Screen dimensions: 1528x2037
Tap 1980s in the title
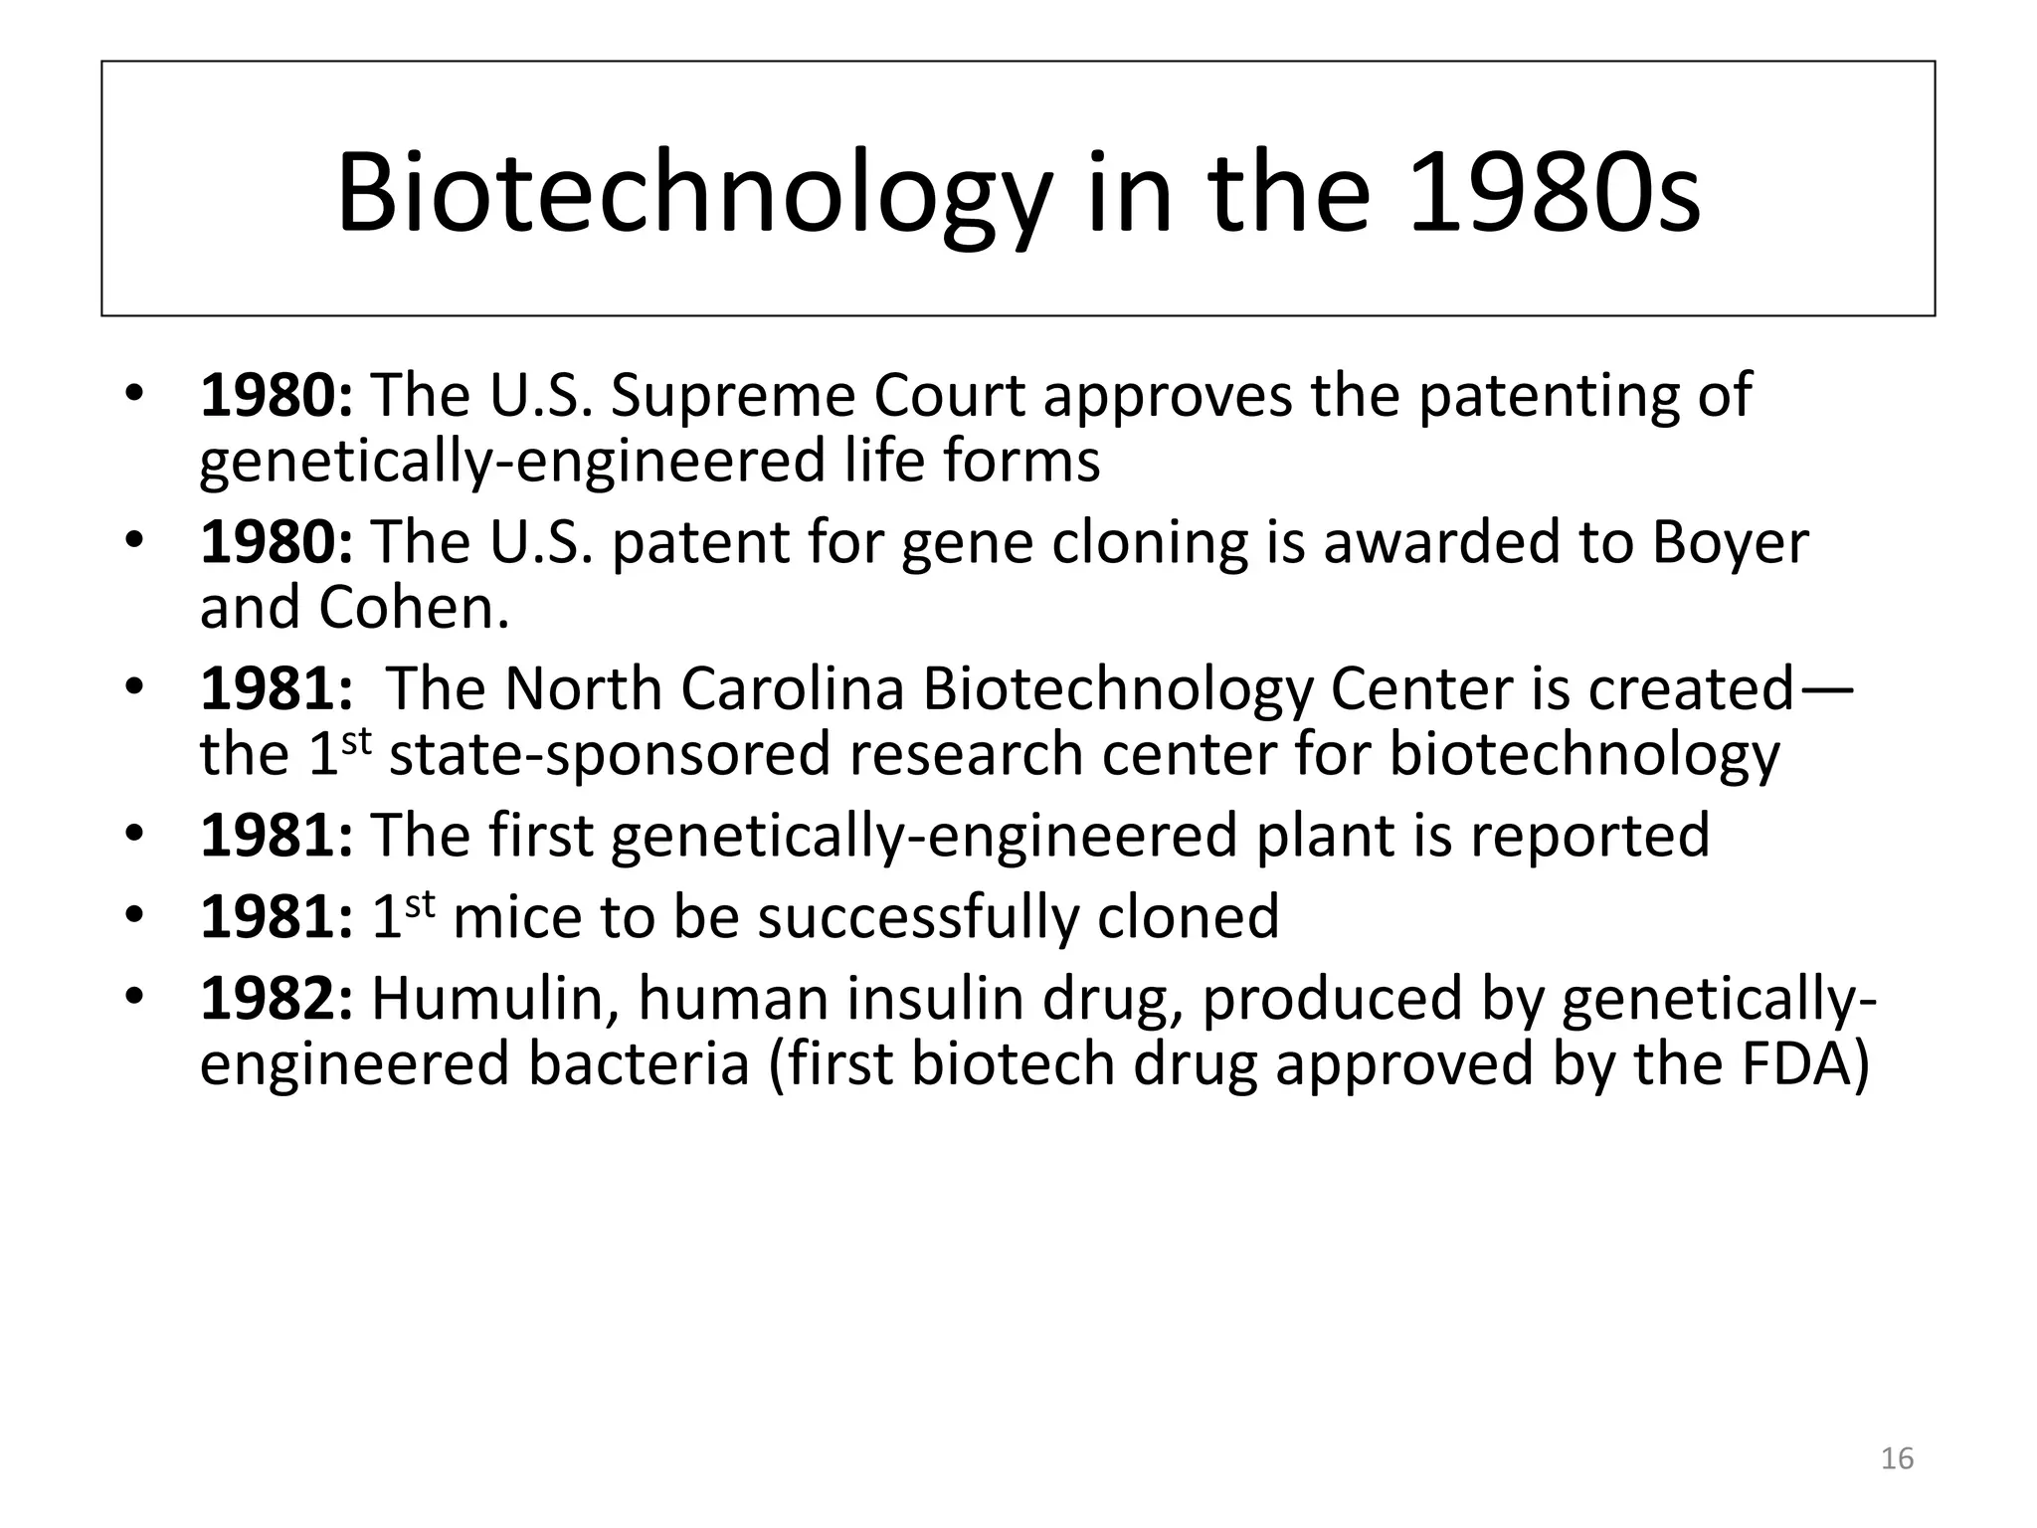1555,194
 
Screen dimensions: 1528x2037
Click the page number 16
1898,1458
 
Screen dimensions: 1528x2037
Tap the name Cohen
413,608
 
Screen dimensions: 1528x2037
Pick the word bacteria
638,1063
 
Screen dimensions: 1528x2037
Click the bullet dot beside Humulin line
135,997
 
